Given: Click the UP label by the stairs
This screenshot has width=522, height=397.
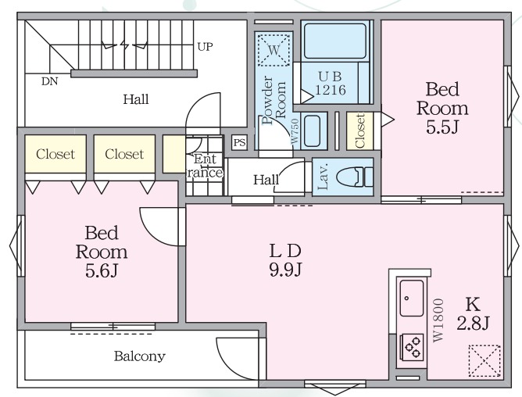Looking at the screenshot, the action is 205,47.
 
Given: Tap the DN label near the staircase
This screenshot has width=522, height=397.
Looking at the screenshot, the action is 49,81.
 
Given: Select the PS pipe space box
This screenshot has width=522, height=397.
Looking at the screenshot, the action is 240,142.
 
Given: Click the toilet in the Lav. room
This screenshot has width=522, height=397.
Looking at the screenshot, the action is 355,177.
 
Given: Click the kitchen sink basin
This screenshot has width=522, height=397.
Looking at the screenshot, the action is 412,298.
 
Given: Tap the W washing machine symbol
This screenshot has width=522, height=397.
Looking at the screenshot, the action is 274,50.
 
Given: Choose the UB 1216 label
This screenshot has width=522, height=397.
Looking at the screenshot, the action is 331,84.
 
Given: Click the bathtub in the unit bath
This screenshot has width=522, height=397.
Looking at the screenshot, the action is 335,41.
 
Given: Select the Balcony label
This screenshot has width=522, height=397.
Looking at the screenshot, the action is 140,356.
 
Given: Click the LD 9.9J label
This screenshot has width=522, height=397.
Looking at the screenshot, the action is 286,260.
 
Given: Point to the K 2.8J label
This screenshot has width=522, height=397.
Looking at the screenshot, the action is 473,313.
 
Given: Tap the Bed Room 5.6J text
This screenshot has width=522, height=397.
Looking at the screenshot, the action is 102,252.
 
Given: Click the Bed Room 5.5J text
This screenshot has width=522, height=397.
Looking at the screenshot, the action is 442,108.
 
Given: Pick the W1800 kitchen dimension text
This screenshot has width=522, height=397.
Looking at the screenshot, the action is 438,320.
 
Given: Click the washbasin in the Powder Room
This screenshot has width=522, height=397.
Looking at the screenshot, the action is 312,131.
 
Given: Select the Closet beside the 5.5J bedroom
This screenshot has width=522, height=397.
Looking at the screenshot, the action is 360,131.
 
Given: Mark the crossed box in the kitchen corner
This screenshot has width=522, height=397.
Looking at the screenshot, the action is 484,361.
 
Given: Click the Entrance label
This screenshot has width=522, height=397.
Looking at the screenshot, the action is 205,166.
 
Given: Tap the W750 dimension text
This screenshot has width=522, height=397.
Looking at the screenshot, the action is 295,131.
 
